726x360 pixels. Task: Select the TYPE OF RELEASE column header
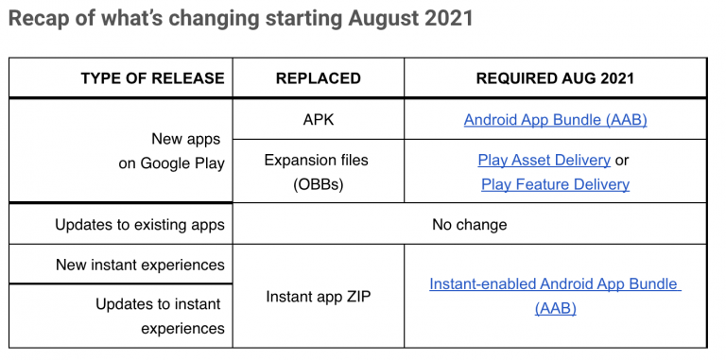pyautogui.click(x=153, y=78)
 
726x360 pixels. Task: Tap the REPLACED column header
pyautogui.click(x=318, y=78)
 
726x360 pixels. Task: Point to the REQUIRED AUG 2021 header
pyautogui.click(x=555, y=78)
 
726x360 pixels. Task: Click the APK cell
pyautogui.click(x=318, y=119)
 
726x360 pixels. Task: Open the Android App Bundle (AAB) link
pyautogui.click(x=555, y=120)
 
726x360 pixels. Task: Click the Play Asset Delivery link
pyautogui.click(x=544, y=160)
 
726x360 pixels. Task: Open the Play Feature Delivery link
pyautogui.click(x=555, y=184)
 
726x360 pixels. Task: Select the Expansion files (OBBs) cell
pyautogui.click(x=317, y=172)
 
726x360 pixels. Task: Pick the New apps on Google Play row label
pyautogui.click(x=171, y=151)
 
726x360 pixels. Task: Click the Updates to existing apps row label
pyautogui.click(x=140, y=225)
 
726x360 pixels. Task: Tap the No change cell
pyautogui.click(x=470, y=225)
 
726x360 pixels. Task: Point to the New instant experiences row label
pyautogui.click(x=140, y=266)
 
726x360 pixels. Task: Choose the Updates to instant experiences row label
pyautogui.click(x=160, y=317)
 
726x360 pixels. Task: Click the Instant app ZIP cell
pyautogui.click(x=318, y=297)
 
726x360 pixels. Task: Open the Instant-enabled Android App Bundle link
pyautogui.click(x=555, y=296)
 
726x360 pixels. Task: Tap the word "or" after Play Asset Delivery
pyautogui.click(x=622, y=161)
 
